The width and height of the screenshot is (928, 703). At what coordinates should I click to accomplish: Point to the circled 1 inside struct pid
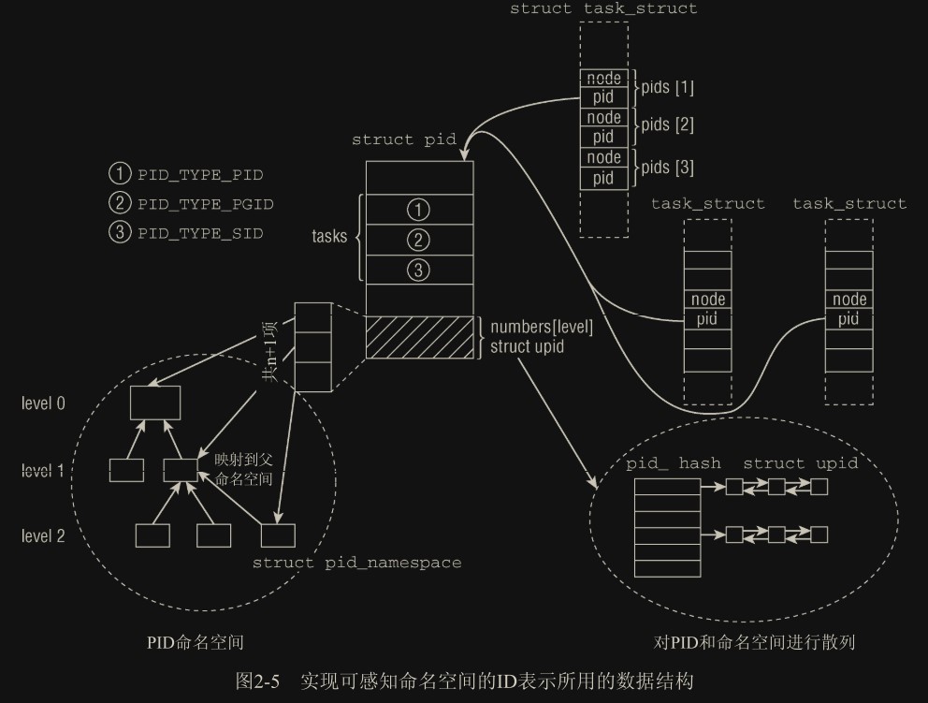click(x=420, y=210)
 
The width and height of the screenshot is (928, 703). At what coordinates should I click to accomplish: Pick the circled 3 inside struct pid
click(x=420, y=271)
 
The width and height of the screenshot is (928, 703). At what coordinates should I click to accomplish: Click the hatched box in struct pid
click(x=420, y=337)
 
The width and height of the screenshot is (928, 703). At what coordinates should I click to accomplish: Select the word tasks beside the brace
click(x=329, y=237)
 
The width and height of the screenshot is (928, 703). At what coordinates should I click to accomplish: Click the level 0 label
click(x=44, y=403)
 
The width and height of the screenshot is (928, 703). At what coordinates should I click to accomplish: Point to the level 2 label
click(x=44, y=535)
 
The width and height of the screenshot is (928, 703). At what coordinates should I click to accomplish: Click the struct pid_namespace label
click(x=357, y=563)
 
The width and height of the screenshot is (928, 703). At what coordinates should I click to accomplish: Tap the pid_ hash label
click(x=674, y=463)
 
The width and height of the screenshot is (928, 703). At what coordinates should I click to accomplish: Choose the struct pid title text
click(x=403, y=139)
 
